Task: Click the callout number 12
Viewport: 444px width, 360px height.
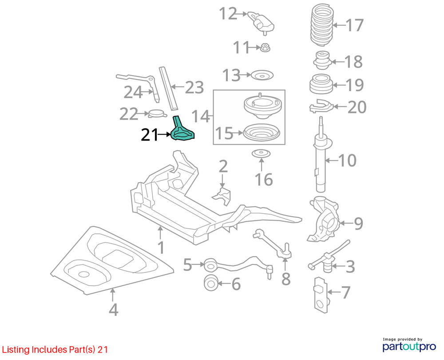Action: pyautogui.click(x=228, y=14)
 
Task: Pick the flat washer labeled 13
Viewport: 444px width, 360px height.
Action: pyautogui.click(x=262, y=76)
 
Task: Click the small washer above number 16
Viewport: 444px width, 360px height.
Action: pyautogui.click(x=261, y=154)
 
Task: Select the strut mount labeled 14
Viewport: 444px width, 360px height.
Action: pyautogui.click(x=262, y=107)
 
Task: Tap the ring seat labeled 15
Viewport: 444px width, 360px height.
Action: pyautogui.click(x=262, y=133)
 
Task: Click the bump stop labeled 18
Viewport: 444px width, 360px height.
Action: pyautogui.click(x=321, y=61)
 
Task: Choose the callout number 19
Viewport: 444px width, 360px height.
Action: pyautogui.click(x=354, y=85)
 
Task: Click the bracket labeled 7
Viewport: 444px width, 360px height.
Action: pyautogui.click(x=320, y=293)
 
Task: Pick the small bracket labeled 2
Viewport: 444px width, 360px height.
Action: pyautogui.click(x=222, y=194)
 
